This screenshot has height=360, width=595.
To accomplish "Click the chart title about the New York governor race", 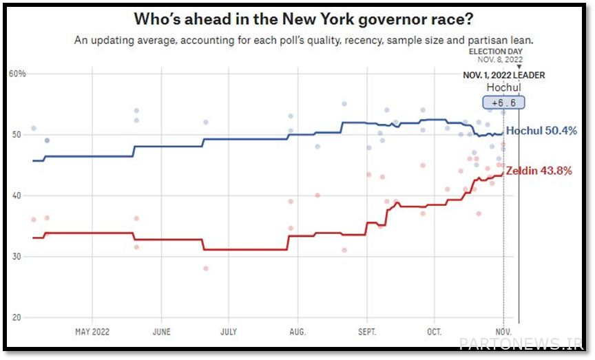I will click(297, 19).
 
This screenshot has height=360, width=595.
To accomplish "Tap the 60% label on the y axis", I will click(17, 73).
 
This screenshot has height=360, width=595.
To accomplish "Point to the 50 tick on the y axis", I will click(17, 134).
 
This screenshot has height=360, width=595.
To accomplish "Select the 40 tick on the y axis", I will click(17, 195).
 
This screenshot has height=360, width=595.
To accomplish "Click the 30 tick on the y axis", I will click(17, 256).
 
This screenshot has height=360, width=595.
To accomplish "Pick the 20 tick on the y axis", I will click(17, 317).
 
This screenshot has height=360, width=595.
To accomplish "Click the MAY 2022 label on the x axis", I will click(92, 332).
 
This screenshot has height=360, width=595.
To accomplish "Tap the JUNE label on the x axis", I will click(161, 332).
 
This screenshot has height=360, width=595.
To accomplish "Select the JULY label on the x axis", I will click(229, 332).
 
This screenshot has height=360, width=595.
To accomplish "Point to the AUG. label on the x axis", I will click(297, 332).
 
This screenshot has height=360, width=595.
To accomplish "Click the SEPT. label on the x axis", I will click(367, 332).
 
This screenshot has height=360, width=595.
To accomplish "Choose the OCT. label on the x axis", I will click(435, 332).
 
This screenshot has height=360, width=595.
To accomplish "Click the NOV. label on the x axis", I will click(503, 332).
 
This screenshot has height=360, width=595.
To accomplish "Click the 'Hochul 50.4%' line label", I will click(541, 131).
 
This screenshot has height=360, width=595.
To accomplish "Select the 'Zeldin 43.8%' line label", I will click(539, 171).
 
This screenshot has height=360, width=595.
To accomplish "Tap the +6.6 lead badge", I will click(503, 103).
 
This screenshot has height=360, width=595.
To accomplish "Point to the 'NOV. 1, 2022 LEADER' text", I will click(503, 75).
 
